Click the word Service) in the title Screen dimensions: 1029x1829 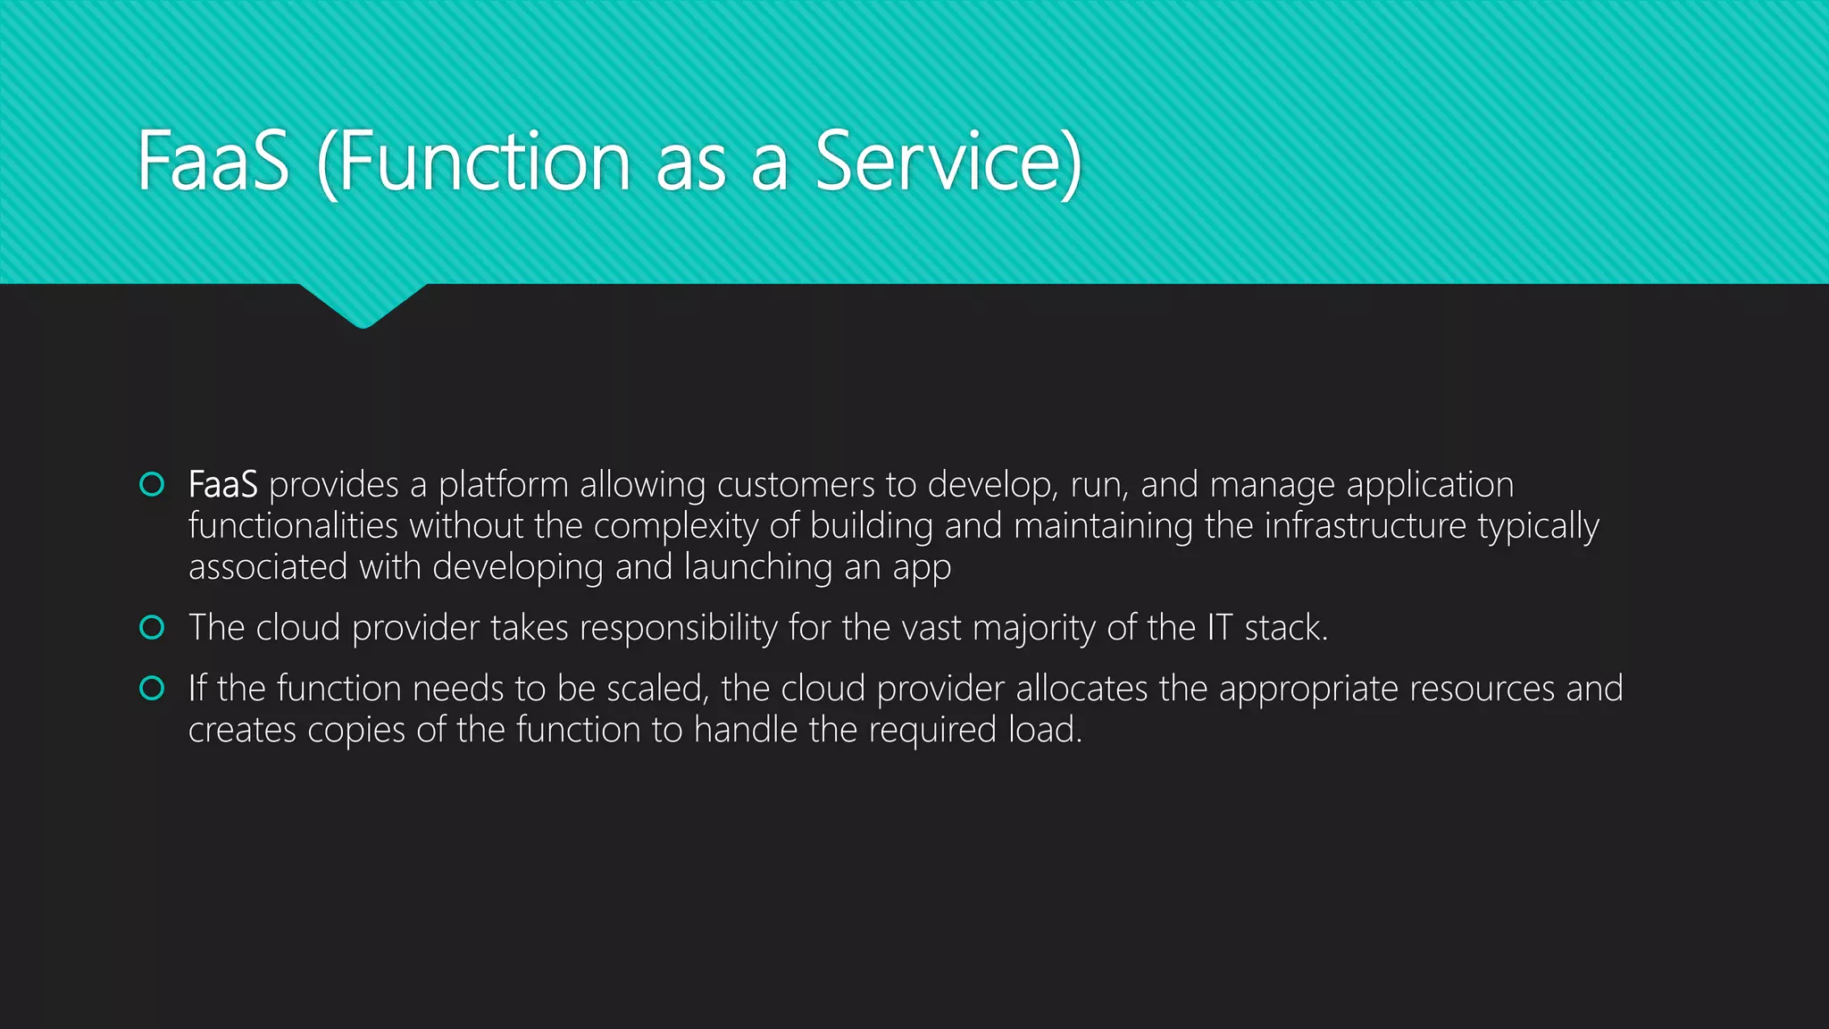pos(948,162)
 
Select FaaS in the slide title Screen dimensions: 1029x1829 pos(213,162)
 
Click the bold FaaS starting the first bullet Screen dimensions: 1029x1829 pos(222,485)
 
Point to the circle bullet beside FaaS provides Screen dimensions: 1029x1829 pos(153,484)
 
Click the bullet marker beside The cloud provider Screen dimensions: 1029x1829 pos(153,627)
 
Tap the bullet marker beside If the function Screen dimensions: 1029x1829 pos(153,688)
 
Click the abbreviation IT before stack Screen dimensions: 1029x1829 pos(1220,628)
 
